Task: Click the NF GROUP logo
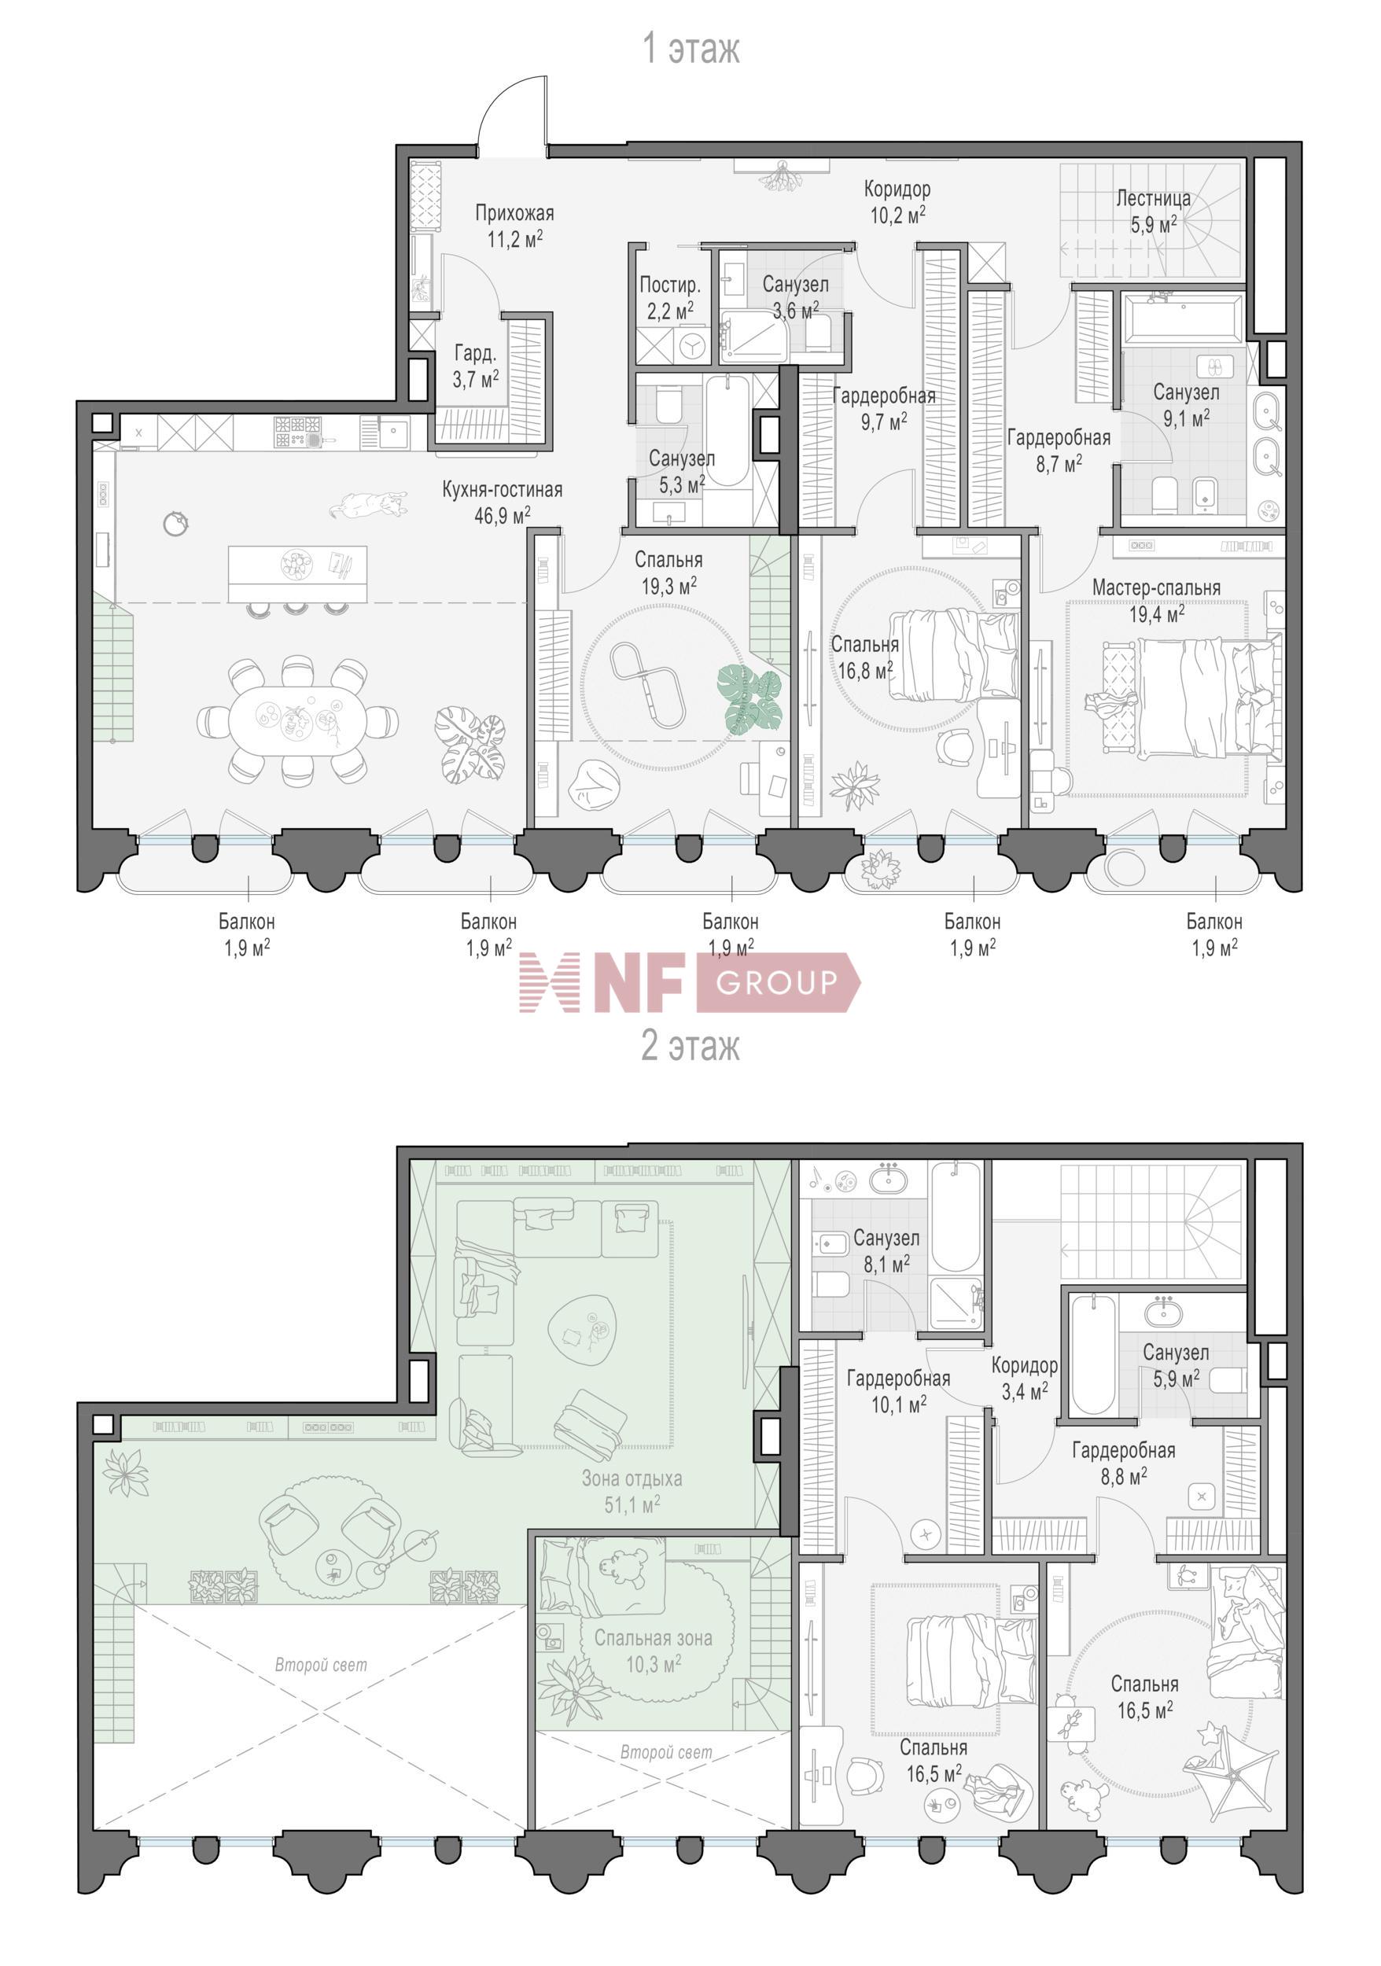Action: [689, 982]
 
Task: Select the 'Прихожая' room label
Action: [514, 213]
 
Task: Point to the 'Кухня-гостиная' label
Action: [502, 490]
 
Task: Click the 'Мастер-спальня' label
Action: [1156, 588]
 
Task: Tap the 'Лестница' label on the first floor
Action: [1153, 199]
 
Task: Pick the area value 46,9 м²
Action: [502, 515]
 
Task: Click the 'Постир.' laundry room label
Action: [669, 285]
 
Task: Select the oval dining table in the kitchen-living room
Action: [297, 720]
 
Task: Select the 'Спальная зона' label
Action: [654, 1639]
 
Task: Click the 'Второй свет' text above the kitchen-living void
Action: [321, 1665]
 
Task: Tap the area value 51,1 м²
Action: [632, 1504]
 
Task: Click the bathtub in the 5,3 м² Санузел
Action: [727, 433]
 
